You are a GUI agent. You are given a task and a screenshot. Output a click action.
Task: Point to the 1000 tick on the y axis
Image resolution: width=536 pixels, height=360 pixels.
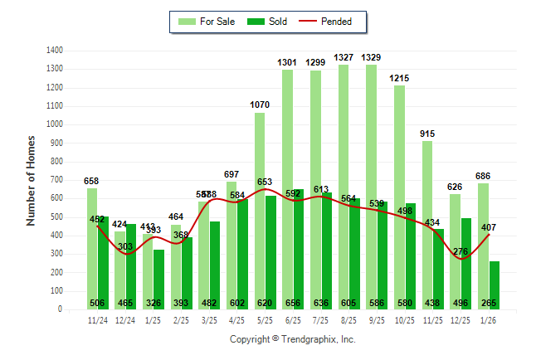tap(56, 124)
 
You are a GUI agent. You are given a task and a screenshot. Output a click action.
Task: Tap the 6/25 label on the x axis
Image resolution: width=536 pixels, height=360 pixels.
tap(293, 319)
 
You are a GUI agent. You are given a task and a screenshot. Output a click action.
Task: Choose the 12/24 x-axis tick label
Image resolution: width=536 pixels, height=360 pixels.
tap(125, 319)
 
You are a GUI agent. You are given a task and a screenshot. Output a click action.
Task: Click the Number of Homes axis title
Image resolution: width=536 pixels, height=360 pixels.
tap(32, 180)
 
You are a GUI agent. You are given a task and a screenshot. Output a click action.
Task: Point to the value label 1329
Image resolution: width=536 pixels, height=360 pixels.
tap(372, 57)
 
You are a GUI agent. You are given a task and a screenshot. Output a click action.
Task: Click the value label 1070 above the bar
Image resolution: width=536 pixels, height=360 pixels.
tap(260, 105)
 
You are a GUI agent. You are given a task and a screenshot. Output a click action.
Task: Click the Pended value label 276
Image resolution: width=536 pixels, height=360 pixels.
tap(460, 251)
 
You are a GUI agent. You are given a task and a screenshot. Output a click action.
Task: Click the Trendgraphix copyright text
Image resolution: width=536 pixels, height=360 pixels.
tap(292, 339)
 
